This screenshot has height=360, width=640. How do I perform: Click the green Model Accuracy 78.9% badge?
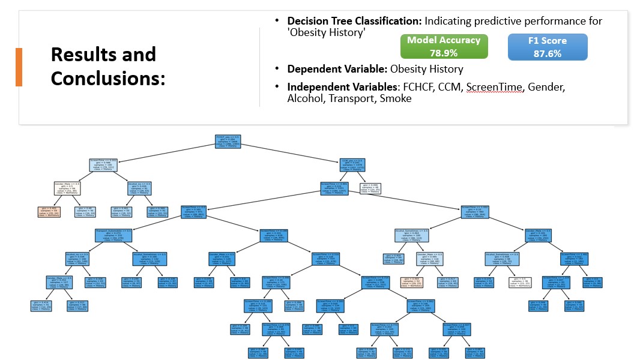(444, 46)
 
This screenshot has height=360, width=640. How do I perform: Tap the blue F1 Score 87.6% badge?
(547, 47)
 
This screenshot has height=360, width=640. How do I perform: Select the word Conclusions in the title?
(108, 78)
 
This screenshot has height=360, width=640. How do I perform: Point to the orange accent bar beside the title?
(19, 67)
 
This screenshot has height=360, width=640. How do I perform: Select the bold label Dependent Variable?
(337, 68)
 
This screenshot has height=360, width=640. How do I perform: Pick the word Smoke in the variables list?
(395, 98)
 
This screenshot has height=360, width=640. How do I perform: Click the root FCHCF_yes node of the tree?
(228, 142)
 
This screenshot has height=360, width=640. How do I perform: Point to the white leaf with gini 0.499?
(371, 188)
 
